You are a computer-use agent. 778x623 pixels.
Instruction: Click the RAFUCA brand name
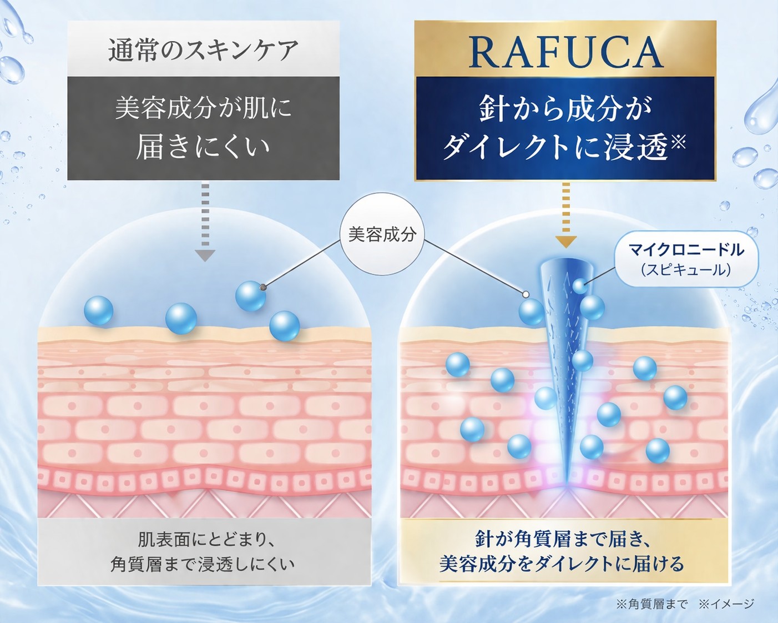point(566,53)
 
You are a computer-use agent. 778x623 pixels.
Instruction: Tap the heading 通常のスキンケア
point(204,51)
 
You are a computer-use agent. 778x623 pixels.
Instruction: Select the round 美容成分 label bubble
point(382,235)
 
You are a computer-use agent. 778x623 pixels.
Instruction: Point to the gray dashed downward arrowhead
point(205,255)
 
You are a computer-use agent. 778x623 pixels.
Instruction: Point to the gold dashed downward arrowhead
point(566,242)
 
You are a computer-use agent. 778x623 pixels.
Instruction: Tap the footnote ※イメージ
point(726,604)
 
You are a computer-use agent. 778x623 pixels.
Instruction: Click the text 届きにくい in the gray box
point(203,148)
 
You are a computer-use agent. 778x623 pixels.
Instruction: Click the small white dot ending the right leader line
point(526,294)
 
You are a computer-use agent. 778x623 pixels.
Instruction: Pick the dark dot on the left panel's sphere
point(263,287)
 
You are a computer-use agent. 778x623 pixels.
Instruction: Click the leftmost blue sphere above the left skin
point(98,310)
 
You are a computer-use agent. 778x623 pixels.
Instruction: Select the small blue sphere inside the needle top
point(580,286)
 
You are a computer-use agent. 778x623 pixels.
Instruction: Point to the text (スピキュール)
point(686,270)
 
